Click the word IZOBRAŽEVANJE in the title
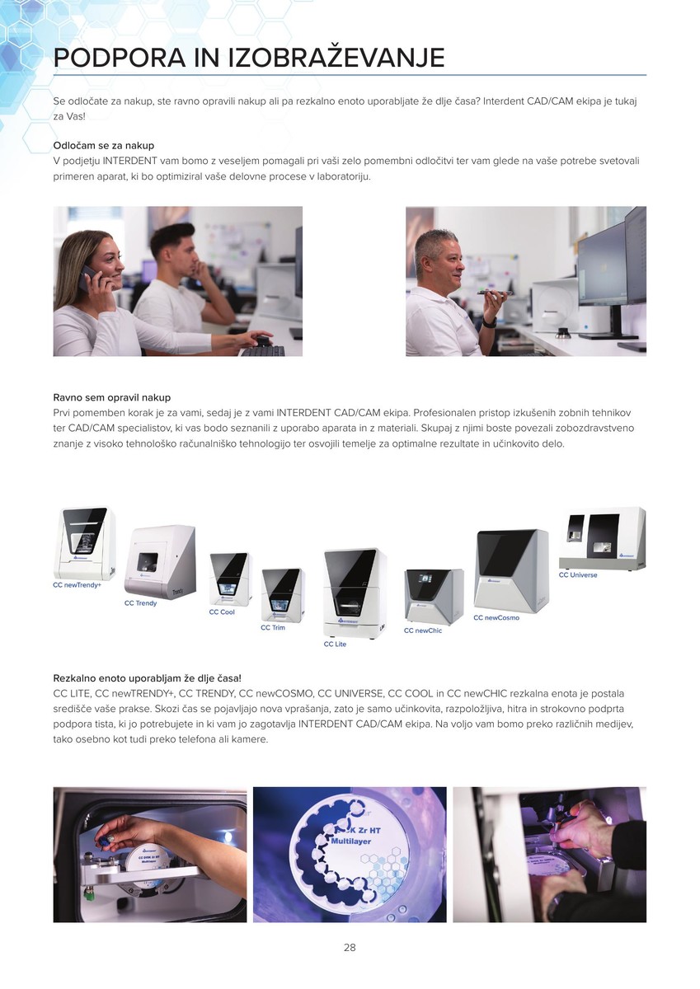tap(337, 58)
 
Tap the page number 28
tap(350, 948)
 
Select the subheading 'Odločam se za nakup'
tap(104, 145)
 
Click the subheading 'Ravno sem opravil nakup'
tap(112, 397)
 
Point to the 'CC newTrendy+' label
tap(78, 585)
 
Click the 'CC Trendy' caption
tap(140, 603)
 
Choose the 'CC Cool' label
tap(222, 612)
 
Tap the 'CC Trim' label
tap(273, 627)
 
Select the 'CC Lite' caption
tap(336, 644)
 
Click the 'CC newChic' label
tap(423, 630)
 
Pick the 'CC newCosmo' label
tap(496, 617)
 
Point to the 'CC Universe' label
tap(578, 575)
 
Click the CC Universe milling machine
tap(603, 537)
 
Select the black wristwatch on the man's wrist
tap(489, 322)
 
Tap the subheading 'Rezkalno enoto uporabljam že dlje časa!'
tap(147, 678)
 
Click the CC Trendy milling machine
tap(160, 560)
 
